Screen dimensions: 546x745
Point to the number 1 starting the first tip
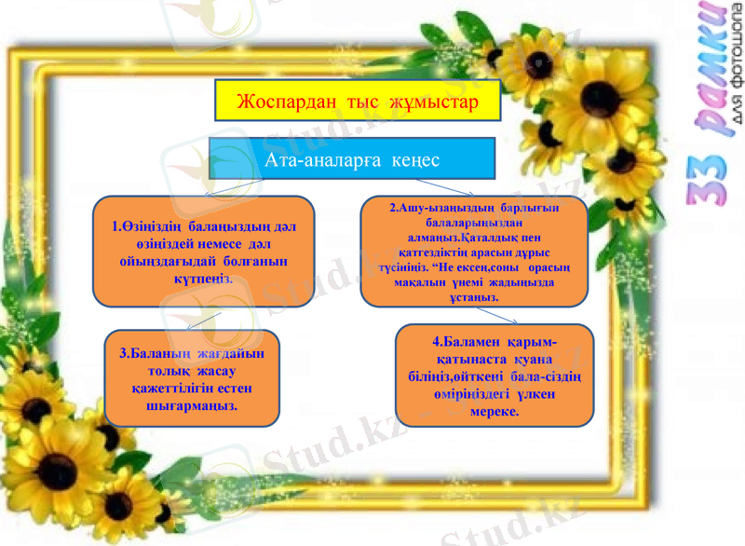pos(115,226)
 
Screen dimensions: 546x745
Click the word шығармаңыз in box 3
pos(192,406)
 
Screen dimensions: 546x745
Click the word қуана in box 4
pos(532,360)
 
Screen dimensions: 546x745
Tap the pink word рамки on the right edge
pos(712,75)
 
